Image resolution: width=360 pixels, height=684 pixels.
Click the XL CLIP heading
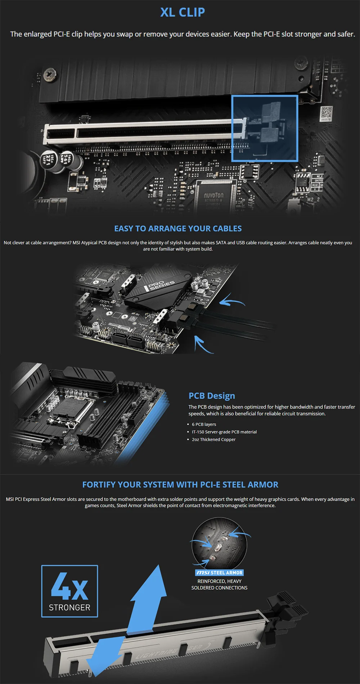point(183,12)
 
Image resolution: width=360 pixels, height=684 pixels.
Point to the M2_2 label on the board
point(313,199)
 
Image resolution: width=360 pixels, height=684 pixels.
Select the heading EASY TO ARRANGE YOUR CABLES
point(178,229)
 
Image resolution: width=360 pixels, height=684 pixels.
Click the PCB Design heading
point(212,396)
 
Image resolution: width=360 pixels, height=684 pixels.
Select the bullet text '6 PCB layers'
point(204,424)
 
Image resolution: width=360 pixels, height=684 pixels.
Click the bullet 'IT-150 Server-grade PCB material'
point(224,432)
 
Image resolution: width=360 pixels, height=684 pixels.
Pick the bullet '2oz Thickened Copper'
point(214,440)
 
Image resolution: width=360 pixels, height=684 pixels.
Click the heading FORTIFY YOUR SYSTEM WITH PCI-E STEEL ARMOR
point(180,485)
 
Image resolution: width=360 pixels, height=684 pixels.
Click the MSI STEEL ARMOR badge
point(220,572)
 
